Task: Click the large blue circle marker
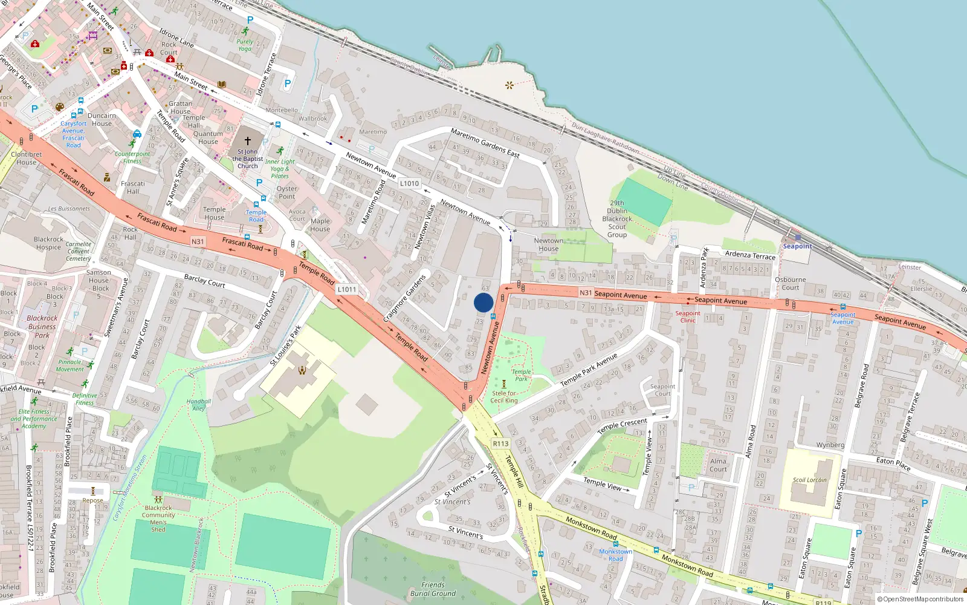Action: click(483, 302)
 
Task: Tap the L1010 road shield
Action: click(409, 183)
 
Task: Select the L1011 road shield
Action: click(347, 289)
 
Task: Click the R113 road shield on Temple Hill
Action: click(500, 443)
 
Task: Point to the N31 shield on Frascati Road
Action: click(198, 241)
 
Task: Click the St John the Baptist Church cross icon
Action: click(248, 140)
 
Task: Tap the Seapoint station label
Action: click(797, 246)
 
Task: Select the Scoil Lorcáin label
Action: click(809, 480)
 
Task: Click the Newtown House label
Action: click(548, 244)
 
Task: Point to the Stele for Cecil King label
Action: click(504, 396)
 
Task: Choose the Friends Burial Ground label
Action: click(433, 589)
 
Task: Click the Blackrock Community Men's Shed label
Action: click(158, 518)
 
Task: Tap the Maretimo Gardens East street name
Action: click(485, 143)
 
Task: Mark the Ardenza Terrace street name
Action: click(750, 255)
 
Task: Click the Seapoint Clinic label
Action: click(688, 316)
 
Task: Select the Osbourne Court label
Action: click(790, 283)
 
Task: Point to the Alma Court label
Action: click(718, 465)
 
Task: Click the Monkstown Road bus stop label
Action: click(615, 555)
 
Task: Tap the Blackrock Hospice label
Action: click(48, 243)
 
